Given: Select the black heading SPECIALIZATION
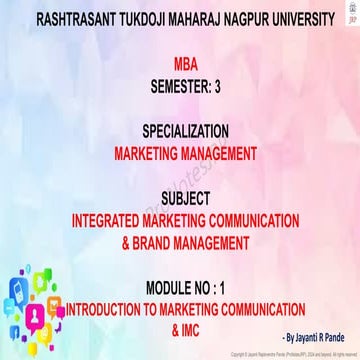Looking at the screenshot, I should tap(180, 131).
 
